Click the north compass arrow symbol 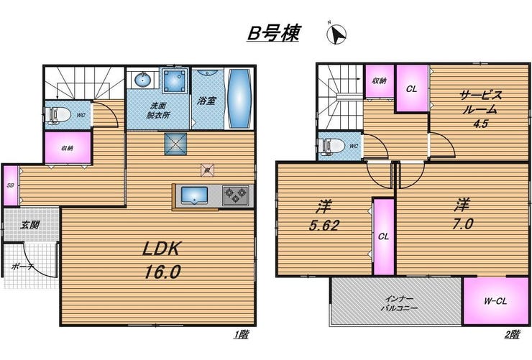(x=337, y=34)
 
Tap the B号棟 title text (x=273, y=33)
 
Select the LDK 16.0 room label (x=162, y=260)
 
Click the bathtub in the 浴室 (x=239, y=98)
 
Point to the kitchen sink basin (x=194, y=195)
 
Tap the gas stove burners (x=236, y=195)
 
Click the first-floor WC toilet (x=58, y=115)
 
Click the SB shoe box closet (x=11, y=185)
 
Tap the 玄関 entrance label (x=30, y=224)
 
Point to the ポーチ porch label (x=22, y=267)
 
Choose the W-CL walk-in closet (x=496, y=301)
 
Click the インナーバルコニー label (x=399, y=304)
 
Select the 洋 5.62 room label (x=324, y=216)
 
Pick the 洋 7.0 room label (x=463, y=214)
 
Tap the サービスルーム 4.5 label (x=480, y=109)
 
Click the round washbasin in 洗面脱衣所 (x=143, y=80)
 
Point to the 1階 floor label (x=241, y=335)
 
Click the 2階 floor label (x=512, y=335)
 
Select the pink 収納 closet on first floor (x=68, y=148)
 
